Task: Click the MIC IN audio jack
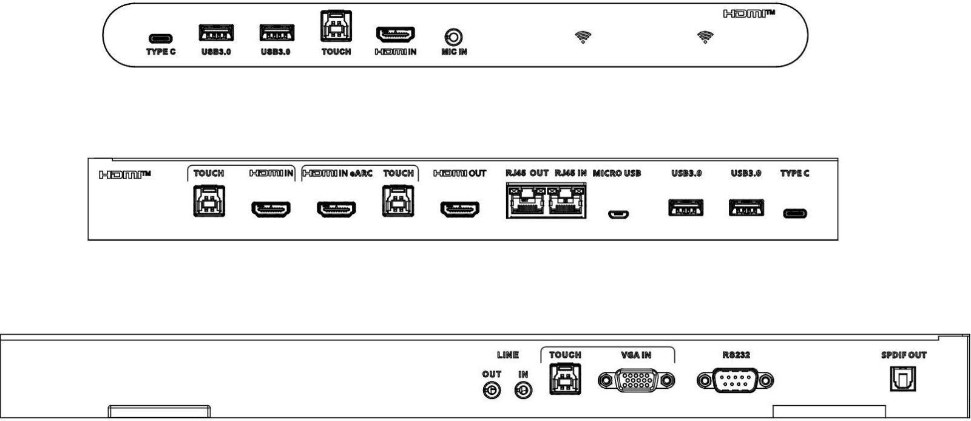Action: [x=453, y=37]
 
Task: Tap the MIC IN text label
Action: [x=454, y=52]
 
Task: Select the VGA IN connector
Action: [x=636, y=381]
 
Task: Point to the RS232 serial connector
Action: [x=735, y=381]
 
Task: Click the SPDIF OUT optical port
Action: [x=903, y=379]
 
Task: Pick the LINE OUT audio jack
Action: [x=492, y=391]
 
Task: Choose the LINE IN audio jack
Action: [x=523, y=391]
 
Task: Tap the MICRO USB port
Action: [x=618, y=214]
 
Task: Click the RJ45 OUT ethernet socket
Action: [x=526, y=201]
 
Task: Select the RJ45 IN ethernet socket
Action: [x=567, y=201]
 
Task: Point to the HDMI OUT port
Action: [x=460, y=209]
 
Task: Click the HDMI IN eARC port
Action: [x=336, y=209]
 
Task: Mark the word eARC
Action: [x=360, y=173]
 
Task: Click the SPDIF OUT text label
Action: [x=904, y=355]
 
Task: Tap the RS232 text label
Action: [x=736, y=355]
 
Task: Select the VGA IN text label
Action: [x=636, y=355]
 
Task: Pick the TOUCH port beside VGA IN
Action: [x=565, y=379]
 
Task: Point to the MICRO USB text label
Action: [x=617, y=173]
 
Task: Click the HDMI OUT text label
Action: [x=460, y=173]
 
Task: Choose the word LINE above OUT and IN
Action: [x=507, y=355]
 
